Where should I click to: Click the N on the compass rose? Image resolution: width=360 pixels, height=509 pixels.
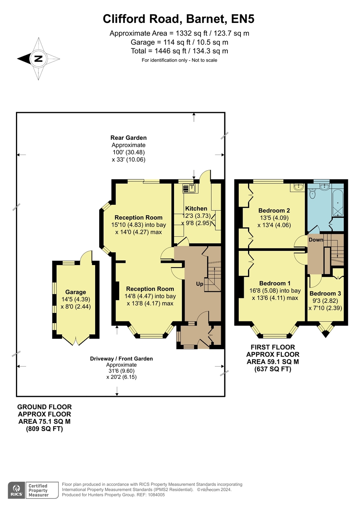point(38,59)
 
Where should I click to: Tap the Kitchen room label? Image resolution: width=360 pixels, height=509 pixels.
point(196,208)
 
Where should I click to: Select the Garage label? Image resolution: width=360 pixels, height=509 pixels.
point(76,292)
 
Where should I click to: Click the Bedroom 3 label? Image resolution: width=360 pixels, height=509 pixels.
point(325,293)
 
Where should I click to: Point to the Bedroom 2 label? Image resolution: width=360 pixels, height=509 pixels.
point(274,211)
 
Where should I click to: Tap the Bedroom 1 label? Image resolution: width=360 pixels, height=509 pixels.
point(275,283)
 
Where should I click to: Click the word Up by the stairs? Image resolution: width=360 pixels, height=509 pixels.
point(199,284)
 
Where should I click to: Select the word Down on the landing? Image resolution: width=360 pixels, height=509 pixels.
point(316,240)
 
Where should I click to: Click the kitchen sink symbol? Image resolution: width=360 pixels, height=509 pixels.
point(190,188)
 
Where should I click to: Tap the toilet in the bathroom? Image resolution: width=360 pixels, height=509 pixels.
point(312,194)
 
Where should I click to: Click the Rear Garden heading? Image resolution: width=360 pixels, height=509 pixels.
point(129,138)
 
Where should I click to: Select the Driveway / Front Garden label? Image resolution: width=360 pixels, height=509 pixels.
point(121,359)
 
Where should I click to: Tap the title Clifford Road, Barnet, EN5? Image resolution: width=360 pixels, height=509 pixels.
point(178,19)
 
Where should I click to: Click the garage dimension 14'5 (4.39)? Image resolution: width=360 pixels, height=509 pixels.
point(76,299)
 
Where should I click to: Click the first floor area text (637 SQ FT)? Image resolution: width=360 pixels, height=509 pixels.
point(273,369)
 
